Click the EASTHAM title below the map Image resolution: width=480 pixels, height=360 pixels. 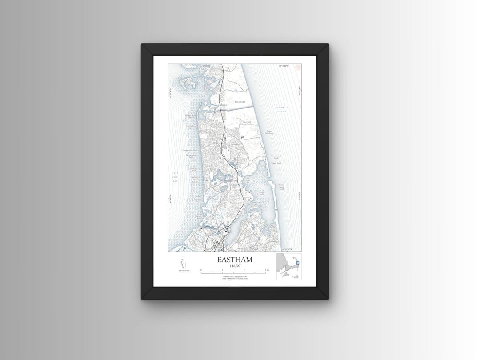(234, 260)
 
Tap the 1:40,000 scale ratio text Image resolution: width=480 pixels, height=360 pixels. (234, 266)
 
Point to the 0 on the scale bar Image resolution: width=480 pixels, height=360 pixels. (201, 270)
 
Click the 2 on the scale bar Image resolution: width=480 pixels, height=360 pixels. (244, 270)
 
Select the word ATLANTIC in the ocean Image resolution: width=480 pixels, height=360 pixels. (281, 108)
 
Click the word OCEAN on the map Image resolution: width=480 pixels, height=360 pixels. (282, 111)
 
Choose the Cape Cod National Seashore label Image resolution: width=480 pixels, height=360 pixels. (247, 123)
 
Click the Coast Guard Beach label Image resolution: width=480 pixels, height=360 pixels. (276, 157)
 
